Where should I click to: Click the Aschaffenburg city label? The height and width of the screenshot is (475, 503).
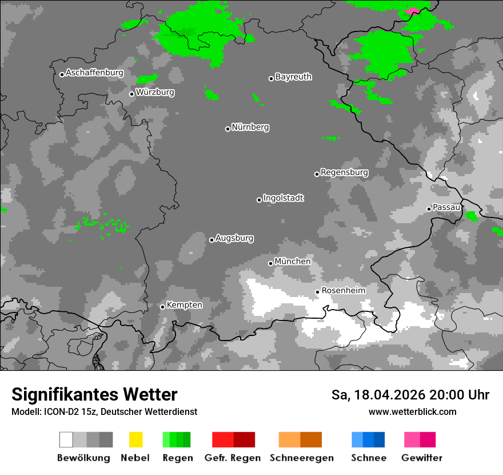click(94, 73)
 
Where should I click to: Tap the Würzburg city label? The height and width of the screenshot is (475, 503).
click(155, 92)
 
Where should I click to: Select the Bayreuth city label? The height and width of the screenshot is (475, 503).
click(293, 77)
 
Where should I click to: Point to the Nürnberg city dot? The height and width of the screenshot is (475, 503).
click(227, 129)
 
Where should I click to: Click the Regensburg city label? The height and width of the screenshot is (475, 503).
click(344, 172)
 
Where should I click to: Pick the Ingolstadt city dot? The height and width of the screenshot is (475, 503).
click(259, 200)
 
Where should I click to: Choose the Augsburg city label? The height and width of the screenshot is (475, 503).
click(234, 238)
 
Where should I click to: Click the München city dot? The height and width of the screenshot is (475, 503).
click(270, 263)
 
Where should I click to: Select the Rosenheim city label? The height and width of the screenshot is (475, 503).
click(343, 291)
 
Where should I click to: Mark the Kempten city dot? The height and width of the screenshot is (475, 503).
click(162, 307)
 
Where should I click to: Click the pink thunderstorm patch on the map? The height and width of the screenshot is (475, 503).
click(412, 11)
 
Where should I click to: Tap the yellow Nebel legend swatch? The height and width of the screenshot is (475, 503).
click(135, 440)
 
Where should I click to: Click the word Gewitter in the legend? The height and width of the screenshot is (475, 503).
click(422, 458)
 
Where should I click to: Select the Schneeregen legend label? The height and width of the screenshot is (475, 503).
click(301, 458)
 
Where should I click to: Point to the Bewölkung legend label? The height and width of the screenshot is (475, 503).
click(83, 458)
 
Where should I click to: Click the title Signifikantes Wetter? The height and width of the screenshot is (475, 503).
click(94, 395)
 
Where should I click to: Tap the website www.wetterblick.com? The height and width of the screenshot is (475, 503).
click(412, 412)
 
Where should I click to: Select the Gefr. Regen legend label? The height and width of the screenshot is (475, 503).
click(232, 458)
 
